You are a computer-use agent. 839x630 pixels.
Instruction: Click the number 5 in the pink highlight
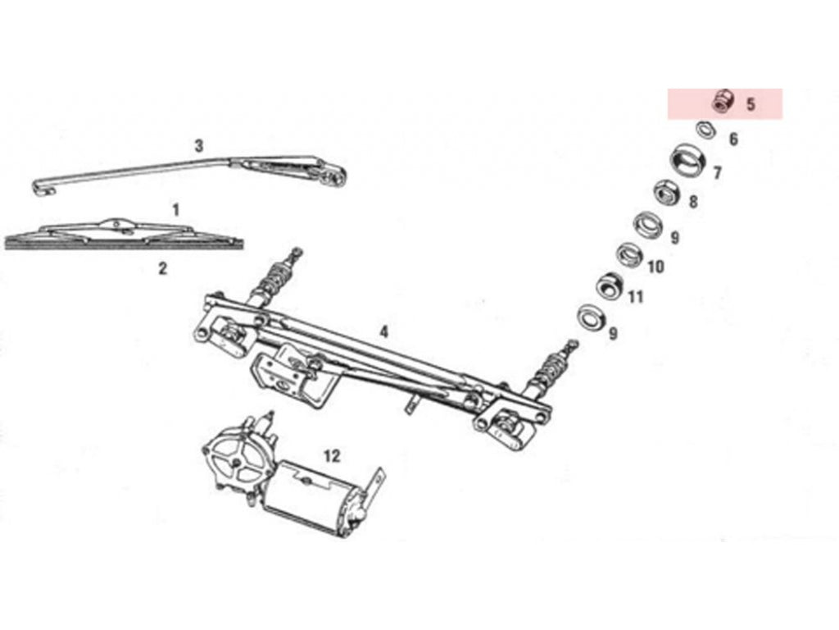pyautogui.click(x=751, y=104)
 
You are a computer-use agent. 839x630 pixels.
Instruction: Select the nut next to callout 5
pyautogui.click(x=724, y=101)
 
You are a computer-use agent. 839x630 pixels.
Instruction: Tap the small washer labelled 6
pyautogui.click(x=705, y=130)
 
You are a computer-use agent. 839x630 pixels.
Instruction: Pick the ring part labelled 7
pyautogui.click(x=688, y=161)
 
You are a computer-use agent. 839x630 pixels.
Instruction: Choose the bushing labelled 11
pyautogui.click(x=610, y=285)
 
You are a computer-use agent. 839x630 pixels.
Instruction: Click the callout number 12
pyautogui.click(x=332, y=456)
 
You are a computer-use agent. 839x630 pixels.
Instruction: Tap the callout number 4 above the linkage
pyautogui.click(x=383, y=332)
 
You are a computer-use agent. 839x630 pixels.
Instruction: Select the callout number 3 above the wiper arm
pyautogui.click(x=198, y=146)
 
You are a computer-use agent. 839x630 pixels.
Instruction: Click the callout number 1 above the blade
pyautogui.click(x=175, y=210)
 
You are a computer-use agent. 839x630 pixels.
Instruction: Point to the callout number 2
pyautogui.click(x=163, y=268)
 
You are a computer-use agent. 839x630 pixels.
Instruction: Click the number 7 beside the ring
pyautogui.click(x=718, y=172)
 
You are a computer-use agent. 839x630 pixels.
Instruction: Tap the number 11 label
pyautogui.click(x=635, y=297)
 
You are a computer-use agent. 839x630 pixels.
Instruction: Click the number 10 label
pyautogui.click(x=655, y=267)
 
